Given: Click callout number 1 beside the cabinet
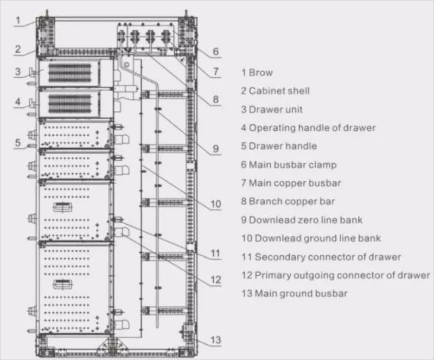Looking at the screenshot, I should [x=18, y=21].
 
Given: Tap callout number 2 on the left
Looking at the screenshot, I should [x=18, y=49].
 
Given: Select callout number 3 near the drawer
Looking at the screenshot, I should [x=18, y=71].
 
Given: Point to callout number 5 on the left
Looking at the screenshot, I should [x=18, y=143].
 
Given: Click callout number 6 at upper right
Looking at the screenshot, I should [x=215, y=52].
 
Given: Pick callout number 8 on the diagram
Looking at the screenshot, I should [x=215, y=100].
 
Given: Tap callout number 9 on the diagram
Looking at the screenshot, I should [x=215, y=148].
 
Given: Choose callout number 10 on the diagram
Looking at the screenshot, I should [x=215, y=204].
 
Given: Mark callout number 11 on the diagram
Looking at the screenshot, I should [x=215, y=252].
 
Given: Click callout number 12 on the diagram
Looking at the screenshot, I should [x=215, y=280].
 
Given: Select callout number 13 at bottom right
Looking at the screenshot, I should [x=215, y=340].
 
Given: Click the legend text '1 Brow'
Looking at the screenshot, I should [x=257, y=73].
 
